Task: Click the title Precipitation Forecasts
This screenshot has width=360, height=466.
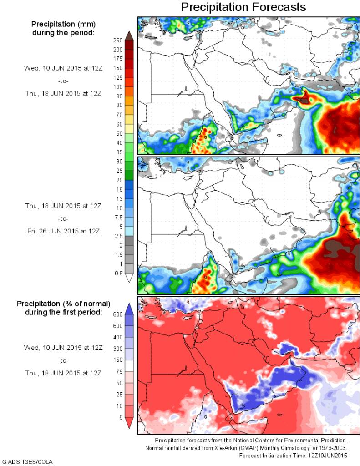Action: click(243, 7)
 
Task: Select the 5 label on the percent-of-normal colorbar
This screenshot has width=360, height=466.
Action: click(120, 417)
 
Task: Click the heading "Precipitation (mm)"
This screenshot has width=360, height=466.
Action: click(63, 24)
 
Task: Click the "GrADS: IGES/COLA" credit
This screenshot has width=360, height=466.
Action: click(27, 461)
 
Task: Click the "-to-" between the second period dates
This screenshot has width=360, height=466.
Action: click(63, 218)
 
